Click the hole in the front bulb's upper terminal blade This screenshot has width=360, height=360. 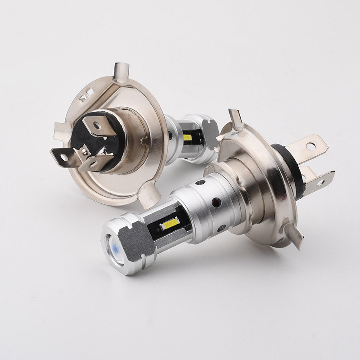point(310,146)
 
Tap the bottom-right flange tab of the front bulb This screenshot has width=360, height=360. point(294,236)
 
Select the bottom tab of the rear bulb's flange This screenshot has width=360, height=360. point(151,198)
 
